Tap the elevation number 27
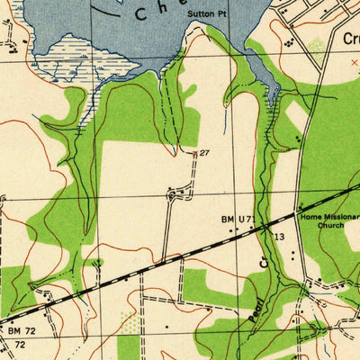[204, 154]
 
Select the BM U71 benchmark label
[238, 218]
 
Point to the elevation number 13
[280, 236]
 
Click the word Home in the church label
[311, 217]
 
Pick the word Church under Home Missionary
[330, 226]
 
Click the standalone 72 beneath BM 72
[20, 345]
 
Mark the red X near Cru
[353, 62]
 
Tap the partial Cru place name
[350, 39]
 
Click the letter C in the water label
[140, 13]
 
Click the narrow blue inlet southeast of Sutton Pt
[273, 91]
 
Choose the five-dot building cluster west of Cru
[288, 40]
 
